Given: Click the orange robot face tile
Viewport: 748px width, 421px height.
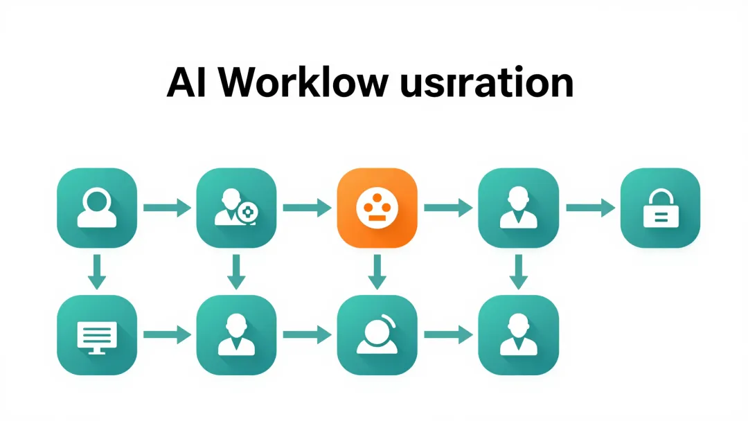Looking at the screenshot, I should tap(376, 208).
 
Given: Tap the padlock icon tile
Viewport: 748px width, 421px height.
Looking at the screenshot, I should tap(660, 208).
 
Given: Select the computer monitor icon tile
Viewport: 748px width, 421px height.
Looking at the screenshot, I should tap(96, 336).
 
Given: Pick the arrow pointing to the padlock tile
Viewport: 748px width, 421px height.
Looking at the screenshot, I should tap(590, 207).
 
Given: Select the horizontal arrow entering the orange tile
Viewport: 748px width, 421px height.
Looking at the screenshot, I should tap(306, 207).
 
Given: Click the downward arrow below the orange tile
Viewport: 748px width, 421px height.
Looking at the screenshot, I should tap(376, 271).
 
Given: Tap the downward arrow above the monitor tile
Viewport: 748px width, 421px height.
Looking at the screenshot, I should tap(97, 271).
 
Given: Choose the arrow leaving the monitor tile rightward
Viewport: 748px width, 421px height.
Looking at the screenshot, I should tap(167, 336).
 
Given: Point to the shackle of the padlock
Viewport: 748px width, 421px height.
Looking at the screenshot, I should tap(660, 197).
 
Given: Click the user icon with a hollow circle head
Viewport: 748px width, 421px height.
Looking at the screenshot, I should tap(96, 208).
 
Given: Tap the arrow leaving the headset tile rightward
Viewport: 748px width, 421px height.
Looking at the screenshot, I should tap(447, 336).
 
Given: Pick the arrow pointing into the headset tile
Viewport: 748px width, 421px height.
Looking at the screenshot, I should tap(306, 336).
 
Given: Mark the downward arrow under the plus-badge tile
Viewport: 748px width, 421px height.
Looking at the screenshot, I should tap(236, 271).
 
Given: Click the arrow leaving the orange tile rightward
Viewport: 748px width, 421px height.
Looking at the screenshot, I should tap(447, 207).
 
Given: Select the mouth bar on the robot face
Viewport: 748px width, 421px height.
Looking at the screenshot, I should tap(376, 218).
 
